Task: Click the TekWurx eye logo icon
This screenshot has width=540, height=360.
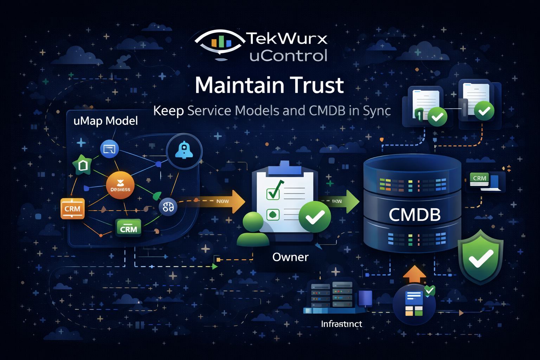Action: tap(220, 43)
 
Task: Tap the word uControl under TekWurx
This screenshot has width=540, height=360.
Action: tap(288, 56)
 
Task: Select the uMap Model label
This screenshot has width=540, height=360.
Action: tap(105, 121)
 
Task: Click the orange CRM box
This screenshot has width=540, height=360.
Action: tap(72, 208)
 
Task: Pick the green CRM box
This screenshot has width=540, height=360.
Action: tap(128, 228)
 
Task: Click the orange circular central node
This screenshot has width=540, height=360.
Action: tap(120, 185)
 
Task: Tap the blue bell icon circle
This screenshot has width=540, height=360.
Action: tap(184, 151)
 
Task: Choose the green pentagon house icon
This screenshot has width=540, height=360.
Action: tap(83, 165)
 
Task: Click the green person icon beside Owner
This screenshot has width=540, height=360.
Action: tap(253, 229)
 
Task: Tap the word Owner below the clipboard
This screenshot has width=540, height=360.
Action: tap(290, 257)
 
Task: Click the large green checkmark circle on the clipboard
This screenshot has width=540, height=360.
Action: tap(315, 217)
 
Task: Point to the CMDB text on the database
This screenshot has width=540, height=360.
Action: tap(414, 215)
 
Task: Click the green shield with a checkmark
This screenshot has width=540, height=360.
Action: tap(481, 256)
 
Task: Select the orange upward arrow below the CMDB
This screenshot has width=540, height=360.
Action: tap(414, 275)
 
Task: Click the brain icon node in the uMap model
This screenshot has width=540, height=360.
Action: tap(168, 207)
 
